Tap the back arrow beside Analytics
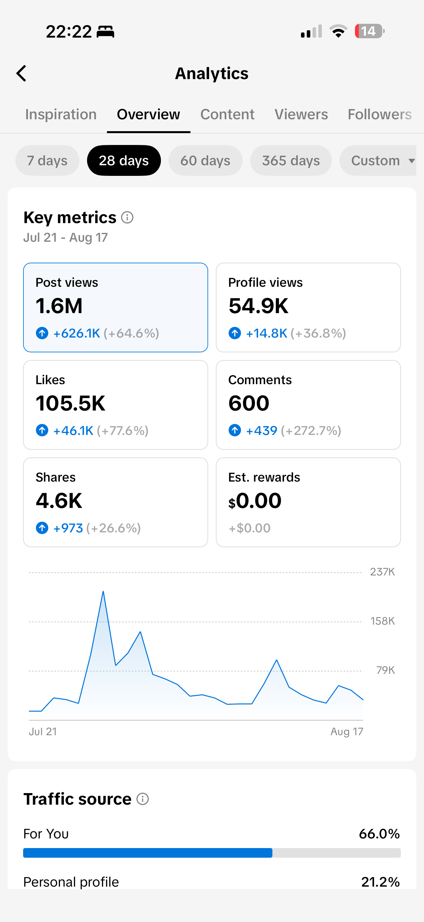(x=21, y=73)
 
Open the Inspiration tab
(x=61, y=114)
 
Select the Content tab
(x=227, y=114)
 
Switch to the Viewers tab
(x=301, y=114)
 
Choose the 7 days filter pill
(x=47, y=160)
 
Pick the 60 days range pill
(x=205, y=160)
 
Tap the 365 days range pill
(x=291, y=160)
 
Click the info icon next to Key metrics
(x=127, y=217)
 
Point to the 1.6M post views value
(x=59, y=306)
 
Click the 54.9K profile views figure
(x=258, y=306)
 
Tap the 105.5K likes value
(x=70, y=403)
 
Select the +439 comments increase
(x=262, y=430)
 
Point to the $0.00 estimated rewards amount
(x=255, y=501)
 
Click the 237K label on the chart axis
(x=382, y=572)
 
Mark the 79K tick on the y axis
(x=385, y=670)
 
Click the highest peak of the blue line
(x=103, y=591)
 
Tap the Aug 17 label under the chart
(x=347, y=732)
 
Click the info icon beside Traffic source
(x=143, y=799)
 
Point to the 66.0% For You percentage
(x=379, y=834)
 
